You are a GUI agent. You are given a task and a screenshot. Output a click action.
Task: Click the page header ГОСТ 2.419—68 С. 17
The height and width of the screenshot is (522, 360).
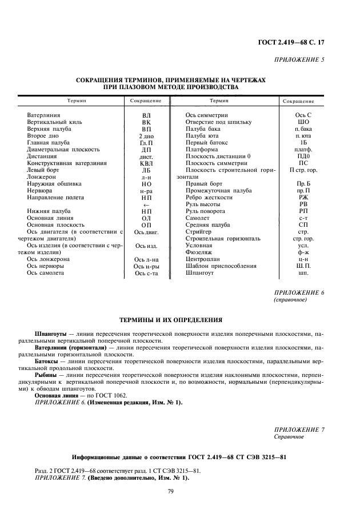tap(293, 42)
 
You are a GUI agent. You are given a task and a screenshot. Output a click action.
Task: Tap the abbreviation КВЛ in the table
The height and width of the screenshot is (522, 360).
tap(146, 163)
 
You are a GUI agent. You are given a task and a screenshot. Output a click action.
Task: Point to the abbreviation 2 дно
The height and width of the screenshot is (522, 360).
tap(146, 136)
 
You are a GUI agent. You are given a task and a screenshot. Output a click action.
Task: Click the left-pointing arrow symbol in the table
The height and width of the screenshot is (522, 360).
tap(146, 204)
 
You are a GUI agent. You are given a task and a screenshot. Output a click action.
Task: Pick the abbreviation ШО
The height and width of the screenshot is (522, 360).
tap(303, 122)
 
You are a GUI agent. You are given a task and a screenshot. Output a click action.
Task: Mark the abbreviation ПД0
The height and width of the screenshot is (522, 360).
tap(303, 156)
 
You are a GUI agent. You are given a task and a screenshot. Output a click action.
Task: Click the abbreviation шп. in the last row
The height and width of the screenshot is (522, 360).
tap(303, 273)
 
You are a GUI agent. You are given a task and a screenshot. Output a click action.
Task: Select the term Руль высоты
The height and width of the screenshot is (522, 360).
tap(203, 204)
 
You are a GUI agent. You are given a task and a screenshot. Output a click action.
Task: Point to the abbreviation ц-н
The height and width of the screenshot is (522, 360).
tap(303, 259)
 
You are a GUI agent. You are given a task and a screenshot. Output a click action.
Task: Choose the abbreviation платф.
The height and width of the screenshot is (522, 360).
tap(303, 150)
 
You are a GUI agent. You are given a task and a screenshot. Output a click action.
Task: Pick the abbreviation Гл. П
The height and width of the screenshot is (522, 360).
tap(146, 143)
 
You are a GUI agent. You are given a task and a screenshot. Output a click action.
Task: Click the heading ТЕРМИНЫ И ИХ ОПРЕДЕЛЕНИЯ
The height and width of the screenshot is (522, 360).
tap(170, 320)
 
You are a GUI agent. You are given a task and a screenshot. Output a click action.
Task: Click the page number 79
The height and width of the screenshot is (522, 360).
tap(170, 491)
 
